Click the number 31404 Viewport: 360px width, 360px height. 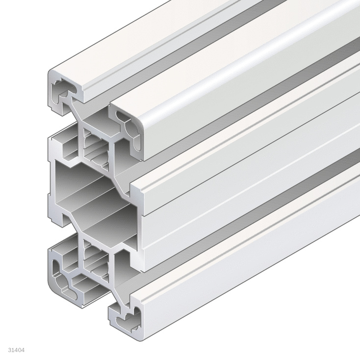coord(17,350)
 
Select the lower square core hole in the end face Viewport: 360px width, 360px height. coord(95,258)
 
